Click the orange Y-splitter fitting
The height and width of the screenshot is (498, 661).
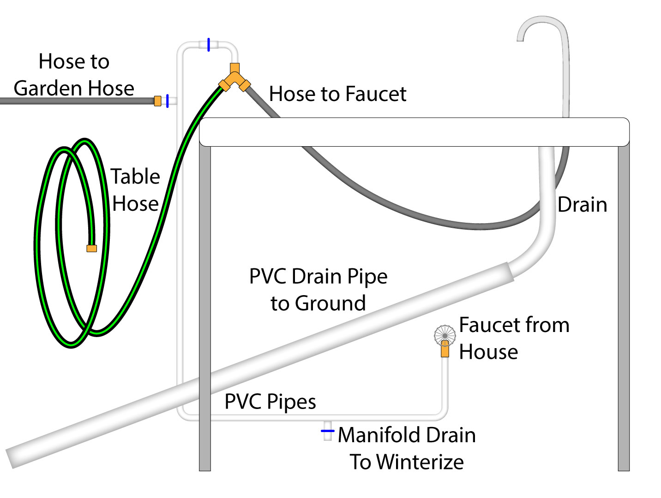pyautogui.click(x=234, y=78)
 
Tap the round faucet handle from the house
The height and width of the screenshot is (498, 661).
pyautogui.click(x=445, y=334)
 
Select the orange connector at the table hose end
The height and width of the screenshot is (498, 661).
pyautogui.click(x=92, y=249)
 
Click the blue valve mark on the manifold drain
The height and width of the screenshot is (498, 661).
pyautogui.click(x=327, y=431)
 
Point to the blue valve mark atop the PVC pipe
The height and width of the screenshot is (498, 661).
pyautogui.click(x=209, y=45)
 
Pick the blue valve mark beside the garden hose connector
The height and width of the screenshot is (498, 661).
pyautogui.click(x=167, y=101)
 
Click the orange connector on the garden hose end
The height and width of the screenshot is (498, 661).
pyautogui.click(x=158, y=101)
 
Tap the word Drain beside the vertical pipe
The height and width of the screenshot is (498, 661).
pyautogui.click(x=582, y=205)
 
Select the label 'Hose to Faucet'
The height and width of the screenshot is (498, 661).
pyautogui.click(x=337, y=94)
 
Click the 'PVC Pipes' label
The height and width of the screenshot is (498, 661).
pyautogui.click(x=270, y=402)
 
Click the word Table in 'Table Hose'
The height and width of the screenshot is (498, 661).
pyautogui.click(x=135, y=177)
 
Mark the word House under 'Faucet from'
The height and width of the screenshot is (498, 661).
pyautogui.click(x=488, y=352)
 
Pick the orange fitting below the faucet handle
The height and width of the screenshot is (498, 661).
pyautogui.click(x=445, y=349)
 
